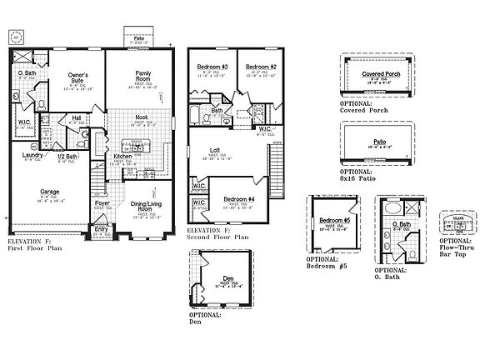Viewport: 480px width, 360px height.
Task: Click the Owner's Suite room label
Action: [77, 77]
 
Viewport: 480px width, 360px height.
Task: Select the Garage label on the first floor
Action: [49, 191]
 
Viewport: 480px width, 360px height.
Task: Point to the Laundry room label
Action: [32, 155]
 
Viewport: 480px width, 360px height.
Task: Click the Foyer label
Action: [102, 202]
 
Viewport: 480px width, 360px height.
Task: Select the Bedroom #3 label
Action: [212, 67]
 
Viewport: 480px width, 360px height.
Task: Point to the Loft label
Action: [215, 150]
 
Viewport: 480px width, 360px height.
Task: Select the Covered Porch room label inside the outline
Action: [378, 74]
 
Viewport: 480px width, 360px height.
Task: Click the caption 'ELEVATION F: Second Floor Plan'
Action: [217, 232]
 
